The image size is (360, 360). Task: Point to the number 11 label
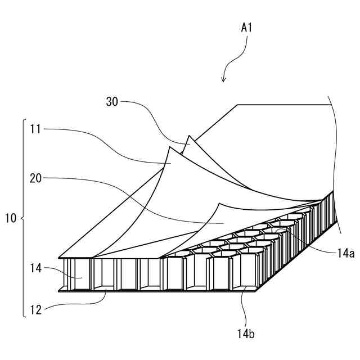(x=35, y=129)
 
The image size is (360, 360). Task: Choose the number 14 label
(x=36, y=268)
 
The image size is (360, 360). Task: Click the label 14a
(x=345, y=254)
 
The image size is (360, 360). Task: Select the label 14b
(x=246, y=334)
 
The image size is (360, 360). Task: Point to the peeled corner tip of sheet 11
(x=169, y=147)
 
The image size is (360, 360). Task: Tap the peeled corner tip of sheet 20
(x=219, y=204)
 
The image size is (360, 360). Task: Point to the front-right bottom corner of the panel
(x=256, y=291)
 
